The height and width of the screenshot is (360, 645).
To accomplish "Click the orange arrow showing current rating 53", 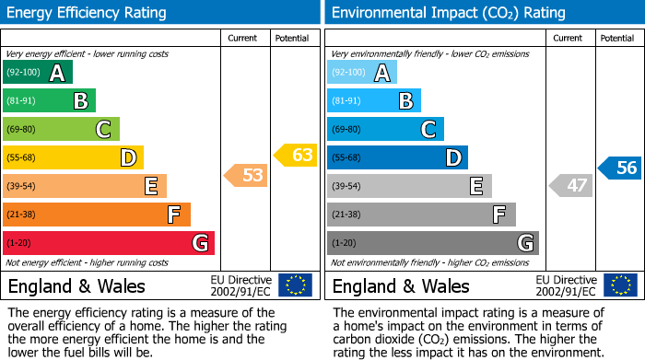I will [x=246, y=175].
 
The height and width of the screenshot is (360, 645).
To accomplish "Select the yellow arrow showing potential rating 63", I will [x=295, y=155].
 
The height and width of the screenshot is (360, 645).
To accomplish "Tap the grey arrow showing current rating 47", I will [x=570, y=186].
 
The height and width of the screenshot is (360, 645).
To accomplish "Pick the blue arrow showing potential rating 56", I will [x=619, y=168].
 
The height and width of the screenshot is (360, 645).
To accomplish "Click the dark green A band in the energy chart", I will [x=38, y=73].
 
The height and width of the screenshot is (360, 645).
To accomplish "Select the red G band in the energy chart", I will [x=109, y=243].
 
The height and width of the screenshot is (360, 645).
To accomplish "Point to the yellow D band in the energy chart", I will [x=73, y=157].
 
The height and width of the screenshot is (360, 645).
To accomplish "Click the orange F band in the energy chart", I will [x=97, y=215].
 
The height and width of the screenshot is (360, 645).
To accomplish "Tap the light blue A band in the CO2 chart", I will [x=362, y=73].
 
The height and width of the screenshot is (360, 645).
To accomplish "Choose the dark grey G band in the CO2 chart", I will [x=432, y=243].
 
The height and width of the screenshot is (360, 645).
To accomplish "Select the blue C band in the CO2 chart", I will [x=385, y=129].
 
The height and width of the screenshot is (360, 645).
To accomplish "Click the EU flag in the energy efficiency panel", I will [x=295, y=285].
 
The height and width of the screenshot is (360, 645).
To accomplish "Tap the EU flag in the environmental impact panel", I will [x=621, y=285].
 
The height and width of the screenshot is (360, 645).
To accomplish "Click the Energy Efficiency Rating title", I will [x=88, y=13].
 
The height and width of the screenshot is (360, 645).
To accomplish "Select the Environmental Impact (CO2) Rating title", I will [x=448, y=13].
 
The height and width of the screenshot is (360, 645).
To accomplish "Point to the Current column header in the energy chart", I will [x=243, y=38].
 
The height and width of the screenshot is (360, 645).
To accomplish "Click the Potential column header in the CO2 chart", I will [x=617, y=38].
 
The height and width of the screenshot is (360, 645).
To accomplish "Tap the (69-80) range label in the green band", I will [x=22, y=130].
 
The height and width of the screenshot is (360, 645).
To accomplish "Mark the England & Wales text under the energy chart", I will [x=76, y=285].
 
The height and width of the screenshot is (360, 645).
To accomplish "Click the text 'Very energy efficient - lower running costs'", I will [x=88, y=55].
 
